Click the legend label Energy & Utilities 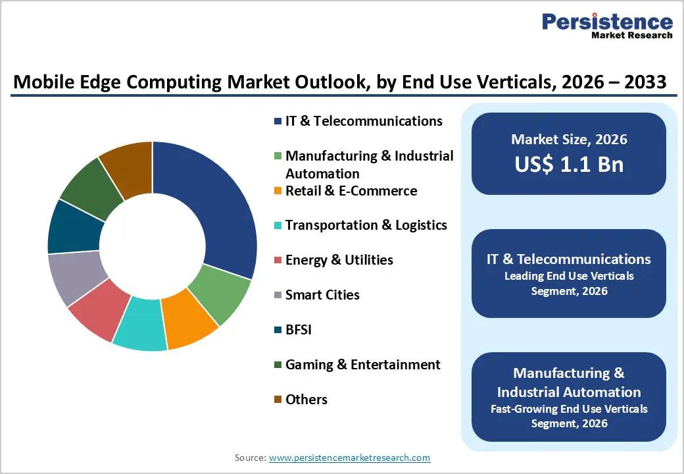coord(339,260)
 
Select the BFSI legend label coord(298,330)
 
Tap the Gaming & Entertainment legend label coord(362,365)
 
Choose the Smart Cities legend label coord(322,295)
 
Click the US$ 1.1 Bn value coord(569,164)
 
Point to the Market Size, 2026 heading coord(569,140)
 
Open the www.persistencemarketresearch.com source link coord(349,458)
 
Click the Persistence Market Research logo coord(607,26)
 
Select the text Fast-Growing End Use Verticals coord(569,409)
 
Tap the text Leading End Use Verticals coord(569,276)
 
